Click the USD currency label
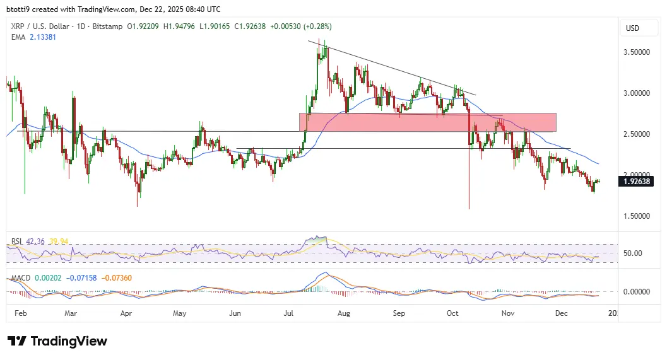click(x=632, y=28)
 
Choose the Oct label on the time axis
click(x=453, y=312)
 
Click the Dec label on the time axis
click(x=562, y=312)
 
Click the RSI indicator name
click(x=16, y=241)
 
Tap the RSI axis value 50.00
click(x=634, y=253)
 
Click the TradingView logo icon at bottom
click(x=18, y=341)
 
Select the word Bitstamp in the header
click(x=105, y=26)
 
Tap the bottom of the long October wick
click(x=469, y=209)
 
